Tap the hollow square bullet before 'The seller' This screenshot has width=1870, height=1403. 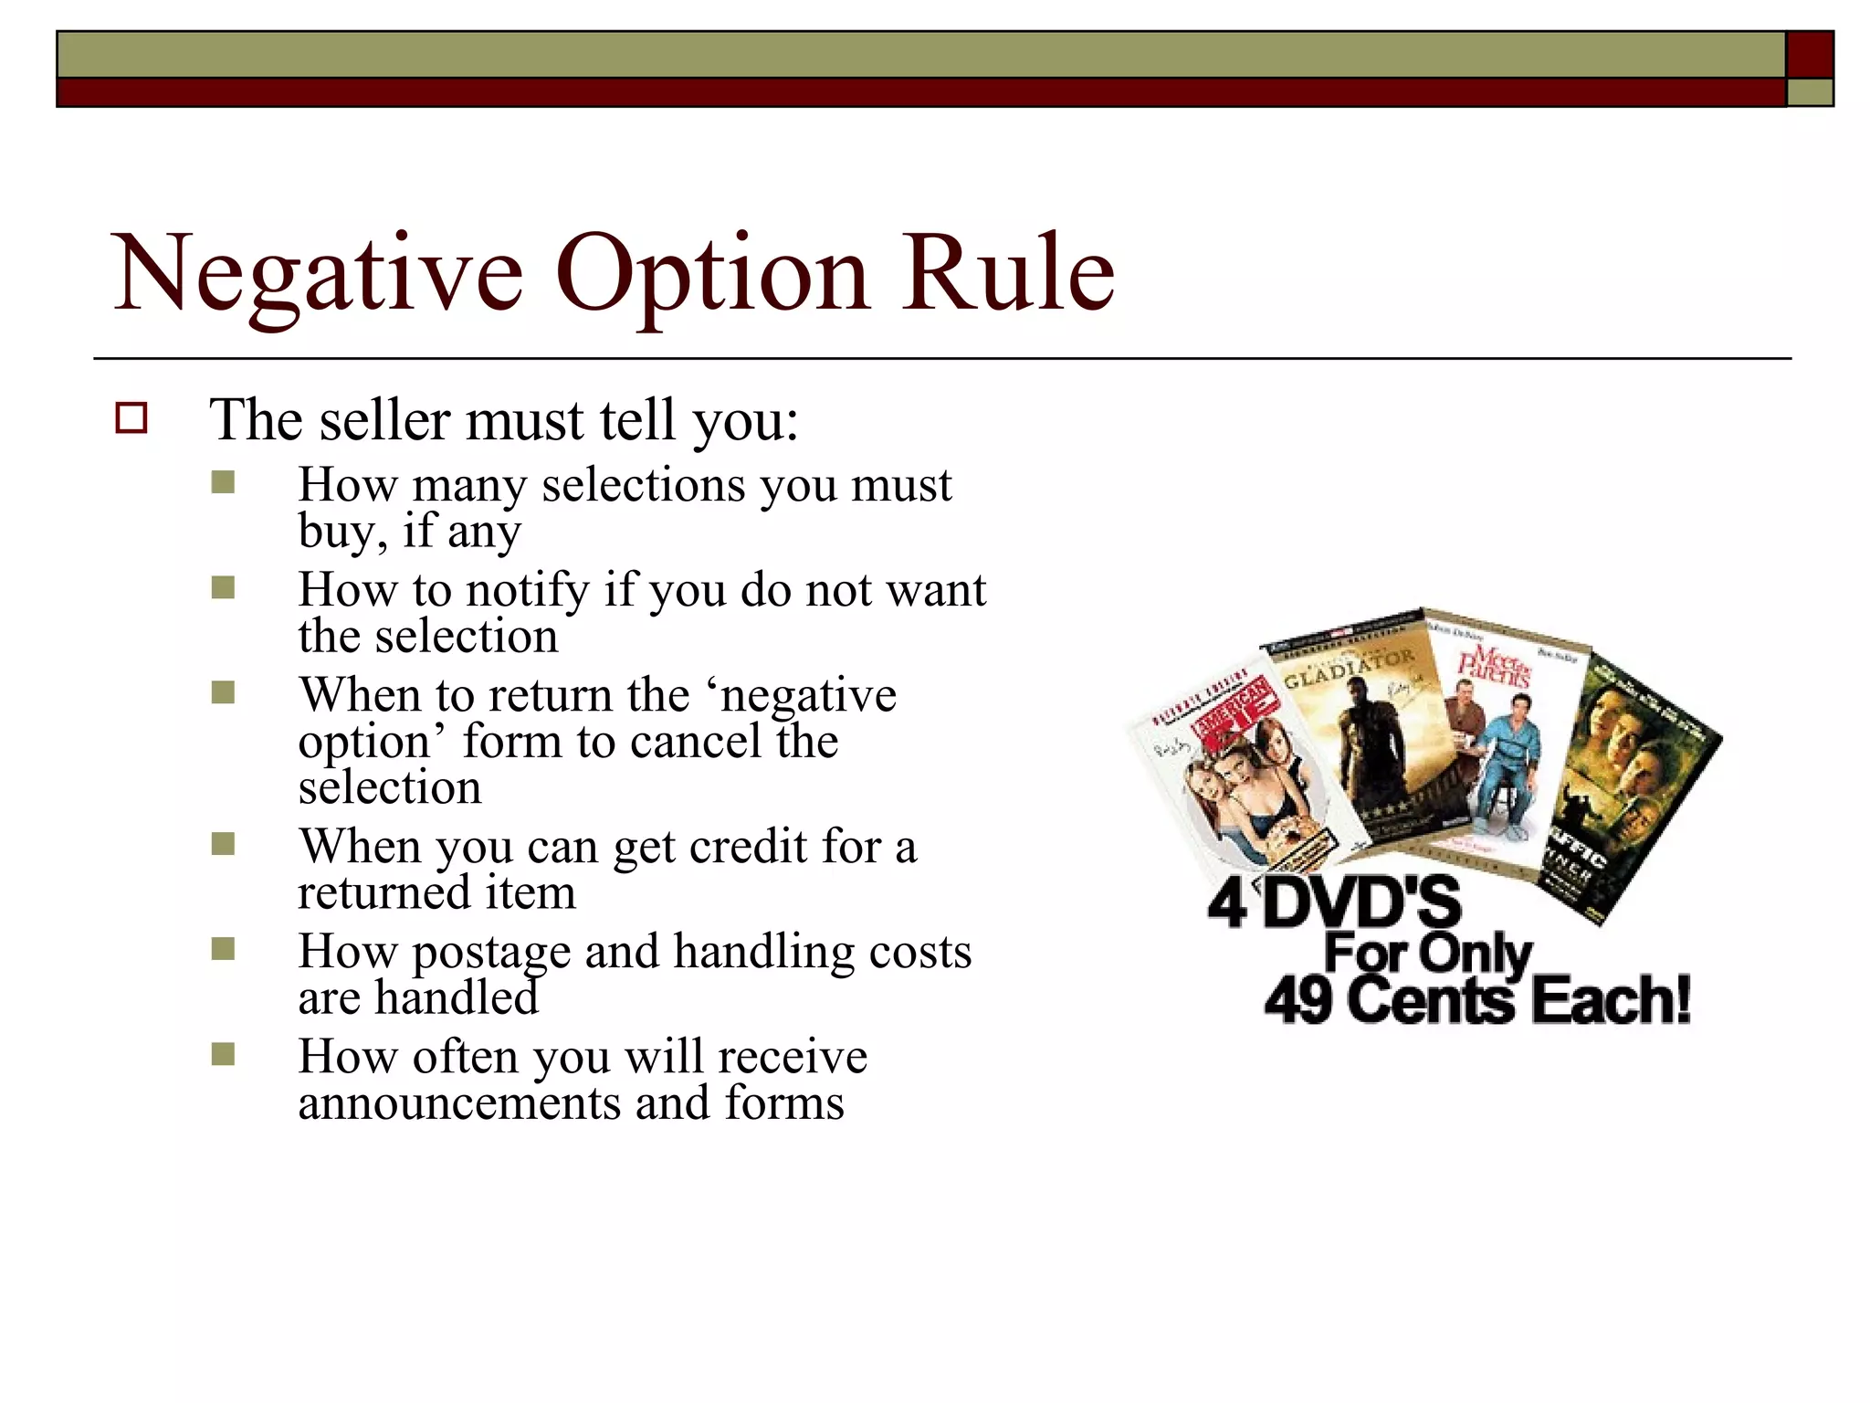131,418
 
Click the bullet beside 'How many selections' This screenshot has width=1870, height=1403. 223,482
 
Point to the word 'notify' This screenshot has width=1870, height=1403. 528,590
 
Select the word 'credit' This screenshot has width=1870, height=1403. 748,846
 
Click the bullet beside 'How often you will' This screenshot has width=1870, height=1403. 223,1055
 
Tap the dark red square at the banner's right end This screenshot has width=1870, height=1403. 1810,55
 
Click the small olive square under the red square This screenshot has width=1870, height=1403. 1810,92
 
